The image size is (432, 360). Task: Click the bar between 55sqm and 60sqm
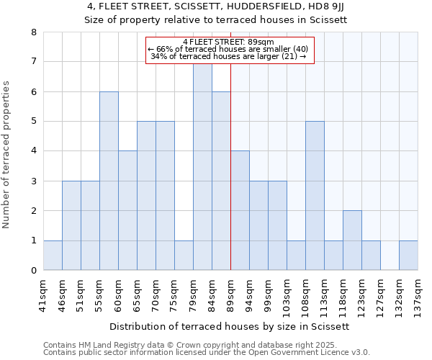point(109,181)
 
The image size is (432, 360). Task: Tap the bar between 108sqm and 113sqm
point(315,196)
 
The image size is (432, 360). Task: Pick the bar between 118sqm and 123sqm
point(352,240)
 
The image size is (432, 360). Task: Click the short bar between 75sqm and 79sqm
point(184,256)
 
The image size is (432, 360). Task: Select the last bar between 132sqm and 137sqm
point(408,256)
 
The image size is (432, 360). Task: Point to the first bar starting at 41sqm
point(53,256)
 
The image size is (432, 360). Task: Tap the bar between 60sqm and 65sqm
point(127,210)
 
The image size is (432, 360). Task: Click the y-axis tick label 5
point(33,122)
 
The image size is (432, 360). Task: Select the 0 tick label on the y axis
point(33,271)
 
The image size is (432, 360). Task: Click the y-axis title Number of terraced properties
point(7,155)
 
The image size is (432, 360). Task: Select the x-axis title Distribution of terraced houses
point(230,326)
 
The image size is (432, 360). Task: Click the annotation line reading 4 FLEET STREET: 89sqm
point(230,42)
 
